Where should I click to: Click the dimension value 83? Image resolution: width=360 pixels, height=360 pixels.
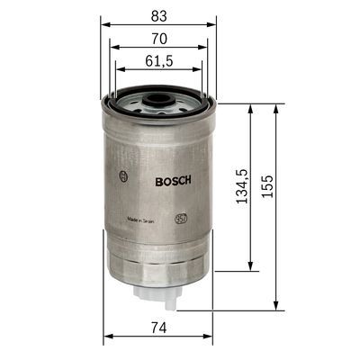(158, 14)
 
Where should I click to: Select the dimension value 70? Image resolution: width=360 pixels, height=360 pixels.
(158, 40)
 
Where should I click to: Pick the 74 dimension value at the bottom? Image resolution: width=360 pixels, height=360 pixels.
(158, 328)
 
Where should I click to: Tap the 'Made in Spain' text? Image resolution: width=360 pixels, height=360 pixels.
(144, 217)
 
